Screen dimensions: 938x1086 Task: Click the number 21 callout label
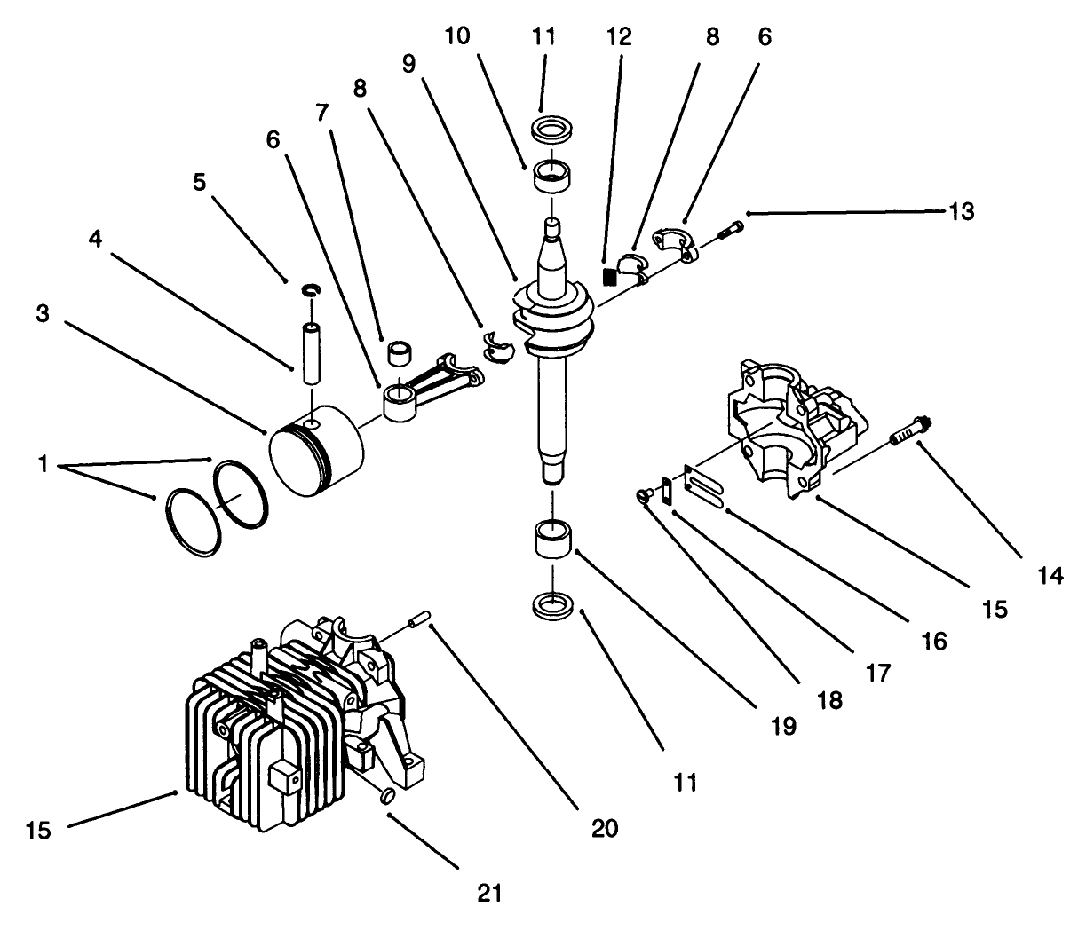pos(488,892)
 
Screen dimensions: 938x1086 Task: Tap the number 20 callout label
pos(604,828)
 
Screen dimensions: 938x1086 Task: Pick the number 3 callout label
pos(44,314)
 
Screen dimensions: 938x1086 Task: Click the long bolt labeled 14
pos(908,431)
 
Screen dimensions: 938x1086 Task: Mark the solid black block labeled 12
pos(608,276)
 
